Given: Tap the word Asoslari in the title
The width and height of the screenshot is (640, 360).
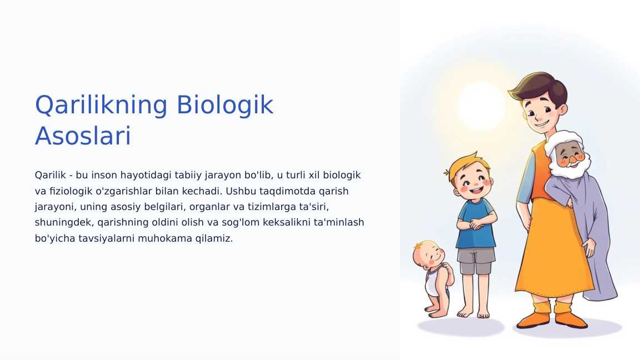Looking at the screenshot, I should coord(83,137).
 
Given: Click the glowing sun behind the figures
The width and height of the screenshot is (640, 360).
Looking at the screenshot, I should coord(481,106).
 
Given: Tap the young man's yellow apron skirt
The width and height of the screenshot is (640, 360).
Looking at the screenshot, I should coord(553,250).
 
